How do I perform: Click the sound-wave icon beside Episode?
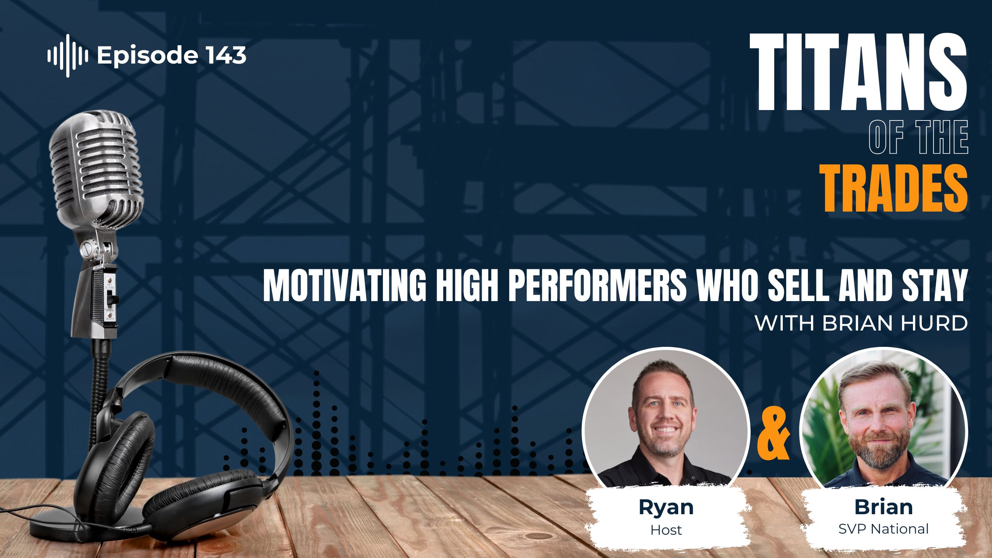(67, 56)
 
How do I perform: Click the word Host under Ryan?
(666, 530)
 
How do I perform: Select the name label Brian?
(883, 507)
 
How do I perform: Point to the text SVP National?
(883, 529)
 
